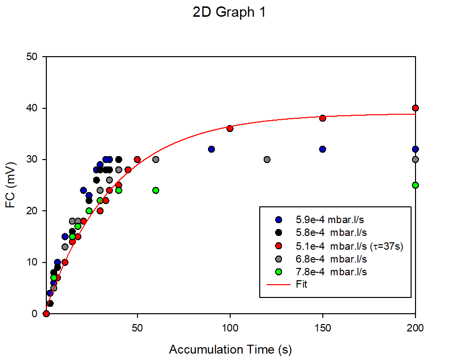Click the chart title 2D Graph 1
(x=229, y=12)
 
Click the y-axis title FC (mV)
(x=12, y=185)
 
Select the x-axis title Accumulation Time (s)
(x=230, y=350)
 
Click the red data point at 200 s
(x=416, y=108)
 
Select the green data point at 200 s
(x=416, y=185)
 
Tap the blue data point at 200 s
(x=416, y=149)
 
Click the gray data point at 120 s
(x=267, y=160)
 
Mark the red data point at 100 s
(x=230, y=129)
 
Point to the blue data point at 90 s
(x=211, y=149)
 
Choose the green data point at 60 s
(x=156, y=190)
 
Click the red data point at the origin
(x=46, y=314)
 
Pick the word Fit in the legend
(x=302, y=284)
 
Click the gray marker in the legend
(x=279, y=259)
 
